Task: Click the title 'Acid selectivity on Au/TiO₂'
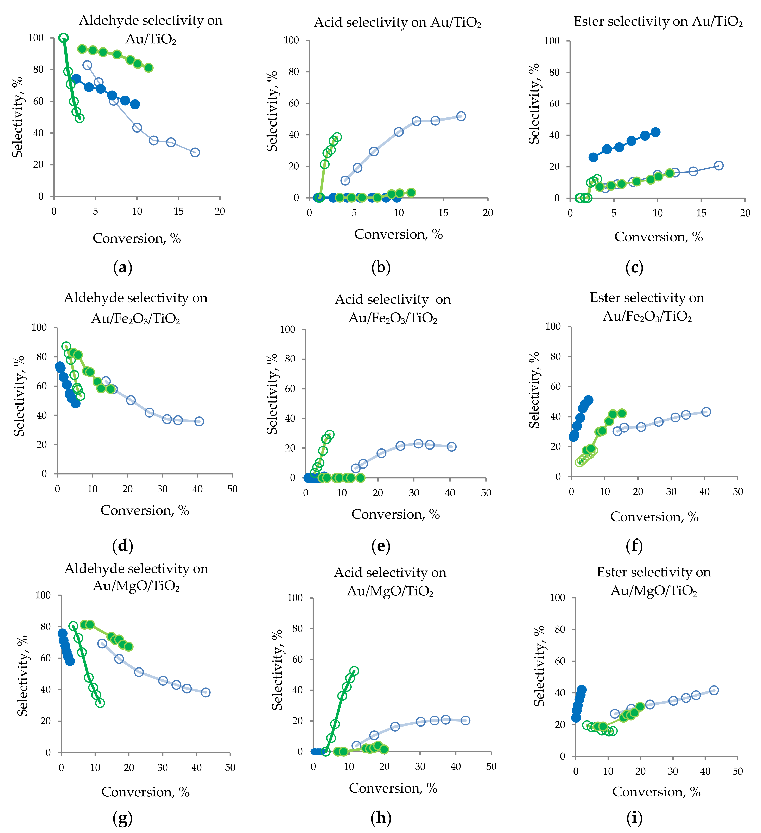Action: point(398,22)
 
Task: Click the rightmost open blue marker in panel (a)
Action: point(195,153)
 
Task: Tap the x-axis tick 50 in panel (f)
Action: point(738,492)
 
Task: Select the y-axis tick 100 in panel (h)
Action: point(295,598)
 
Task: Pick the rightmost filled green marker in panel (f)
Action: point(622,413)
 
